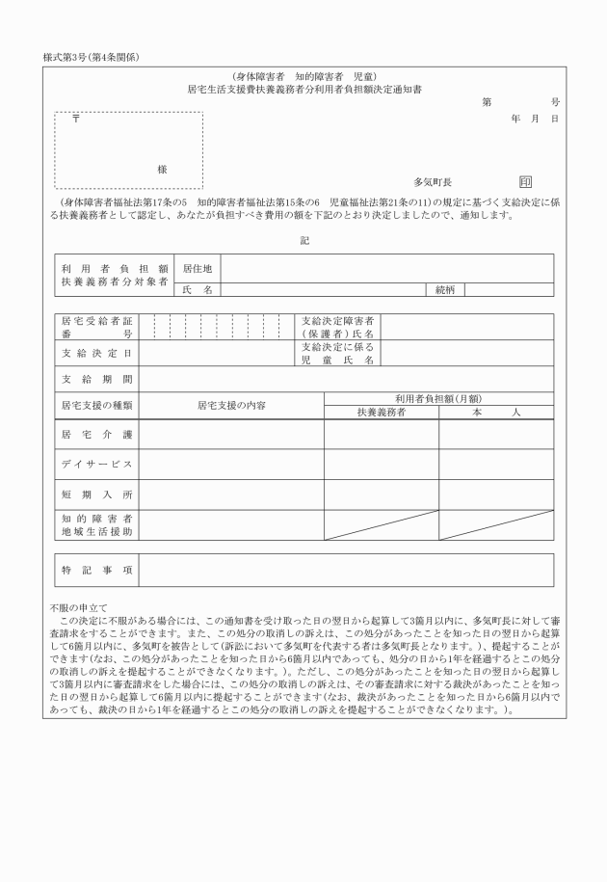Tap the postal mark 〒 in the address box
point(75,120)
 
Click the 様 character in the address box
point(162,169)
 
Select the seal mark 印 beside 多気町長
point(525,181)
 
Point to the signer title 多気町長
point(433,181)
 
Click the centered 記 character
point(303,240)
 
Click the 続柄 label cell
point(445,288)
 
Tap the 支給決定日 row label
point(96,354)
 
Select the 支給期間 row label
point(96,379)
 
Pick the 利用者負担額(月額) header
point(438,398)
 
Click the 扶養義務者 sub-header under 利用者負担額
point(381,413)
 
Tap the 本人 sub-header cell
point(496,413)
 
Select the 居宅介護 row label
point(96,435)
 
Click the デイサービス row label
point(96,465)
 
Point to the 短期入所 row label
point(96,494)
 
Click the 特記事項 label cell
point(96,570)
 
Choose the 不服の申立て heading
point(78,608)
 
